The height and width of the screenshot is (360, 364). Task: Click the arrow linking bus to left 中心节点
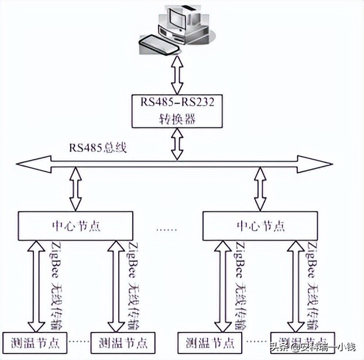pos(75,188)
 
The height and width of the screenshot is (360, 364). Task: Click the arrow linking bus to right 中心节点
pos(258,188)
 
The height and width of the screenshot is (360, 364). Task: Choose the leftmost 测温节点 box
pos(35,342)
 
